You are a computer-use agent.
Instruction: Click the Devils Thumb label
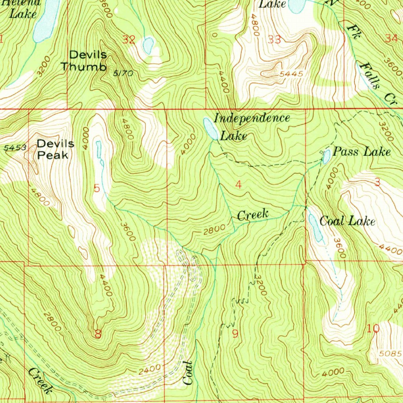click(x=83, y=61)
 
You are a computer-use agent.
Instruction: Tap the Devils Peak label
click(x=55, y=149)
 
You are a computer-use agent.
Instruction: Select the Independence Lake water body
click(x=211, y=129)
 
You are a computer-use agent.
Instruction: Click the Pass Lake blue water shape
click(x=326, y=157)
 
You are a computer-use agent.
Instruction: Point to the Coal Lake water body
click(x=315, y=228)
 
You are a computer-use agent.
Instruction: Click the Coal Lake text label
click(x=347, y=221)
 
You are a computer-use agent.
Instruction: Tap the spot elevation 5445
click(x=292, y=74)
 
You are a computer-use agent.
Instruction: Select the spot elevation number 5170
click(x=124, y=73)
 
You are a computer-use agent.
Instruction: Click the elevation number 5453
click(x=16, y=148)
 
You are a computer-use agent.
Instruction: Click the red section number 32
click(x=129, y=39)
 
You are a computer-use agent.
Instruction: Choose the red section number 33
click(x=274, y=39)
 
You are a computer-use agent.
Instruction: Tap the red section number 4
click(x=238, y=185)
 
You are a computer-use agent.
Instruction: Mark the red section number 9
click(x=235, y=334)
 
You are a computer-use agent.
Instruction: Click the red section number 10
click(x=373, y=328)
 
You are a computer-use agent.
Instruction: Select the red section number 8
click(x=98, y=335)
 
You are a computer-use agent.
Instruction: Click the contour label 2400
click(x=150, y=369)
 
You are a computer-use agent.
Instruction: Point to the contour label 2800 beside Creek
click(x=214, y=229)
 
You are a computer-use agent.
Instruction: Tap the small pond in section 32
click(x=148, y=46)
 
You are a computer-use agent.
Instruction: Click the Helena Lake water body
click(x=46, y=22)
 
